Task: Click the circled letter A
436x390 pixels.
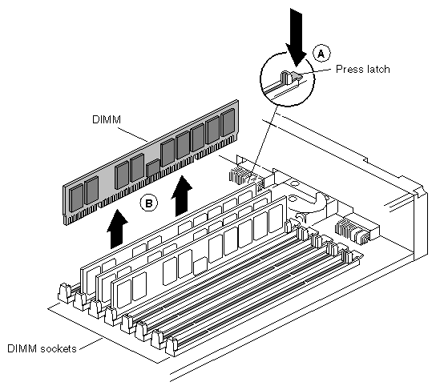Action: tap(321, 54)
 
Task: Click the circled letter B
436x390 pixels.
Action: tap(149, 203)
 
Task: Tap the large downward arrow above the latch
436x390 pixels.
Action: tap(297, 38)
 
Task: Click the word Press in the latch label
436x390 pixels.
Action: tap(349, 69)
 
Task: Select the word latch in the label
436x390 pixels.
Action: tap(377, 69)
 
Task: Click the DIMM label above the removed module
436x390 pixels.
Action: tap(107, 119)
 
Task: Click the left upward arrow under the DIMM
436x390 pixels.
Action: tap(117, 229)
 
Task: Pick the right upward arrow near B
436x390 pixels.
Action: tap(182, 196)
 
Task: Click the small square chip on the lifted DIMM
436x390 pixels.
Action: tap(152, 168)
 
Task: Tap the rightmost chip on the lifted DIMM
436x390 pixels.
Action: tap(228, 123)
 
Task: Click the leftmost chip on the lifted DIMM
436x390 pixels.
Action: tap(76, 199)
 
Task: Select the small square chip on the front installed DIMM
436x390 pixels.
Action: tap(200, 267)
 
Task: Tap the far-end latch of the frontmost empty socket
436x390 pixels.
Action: tap(348, 255)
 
